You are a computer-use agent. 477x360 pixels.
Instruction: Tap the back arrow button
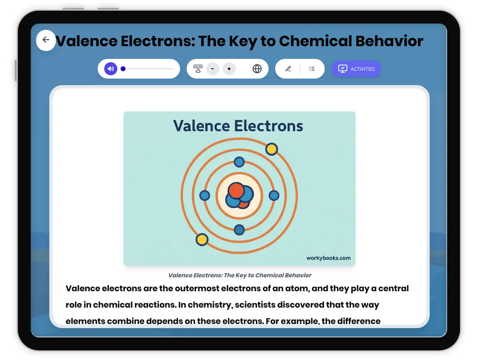click(46, 40)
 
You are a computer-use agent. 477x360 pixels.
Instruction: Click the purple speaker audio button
click(111, 69)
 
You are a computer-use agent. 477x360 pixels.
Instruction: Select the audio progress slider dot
click(123, 69)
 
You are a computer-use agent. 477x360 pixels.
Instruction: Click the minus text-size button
click(213, 69)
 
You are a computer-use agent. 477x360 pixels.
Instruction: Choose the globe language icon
click(257, 69)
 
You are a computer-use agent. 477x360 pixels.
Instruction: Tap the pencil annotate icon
click(288, 69)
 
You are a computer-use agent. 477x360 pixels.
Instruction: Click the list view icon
click(312, 69)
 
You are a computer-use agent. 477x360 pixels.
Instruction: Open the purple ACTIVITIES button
click(356, 69)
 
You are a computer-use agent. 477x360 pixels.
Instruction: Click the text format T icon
click(198, 69)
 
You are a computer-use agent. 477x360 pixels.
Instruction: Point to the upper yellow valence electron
click(271, 149)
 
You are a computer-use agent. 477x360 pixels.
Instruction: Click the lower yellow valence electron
click(202, 240)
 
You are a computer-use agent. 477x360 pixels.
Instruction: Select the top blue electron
click(239, 162)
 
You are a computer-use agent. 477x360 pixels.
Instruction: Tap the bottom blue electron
click(239, 230)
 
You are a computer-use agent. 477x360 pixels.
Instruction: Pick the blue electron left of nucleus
click(205, 195)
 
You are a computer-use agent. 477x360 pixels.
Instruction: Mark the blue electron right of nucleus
click(274, 195)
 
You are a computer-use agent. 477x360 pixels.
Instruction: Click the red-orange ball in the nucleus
click(236, 190)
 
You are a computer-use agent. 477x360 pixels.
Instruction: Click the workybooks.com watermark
click(328, 258)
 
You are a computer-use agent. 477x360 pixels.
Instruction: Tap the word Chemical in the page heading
click(316, 41)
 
